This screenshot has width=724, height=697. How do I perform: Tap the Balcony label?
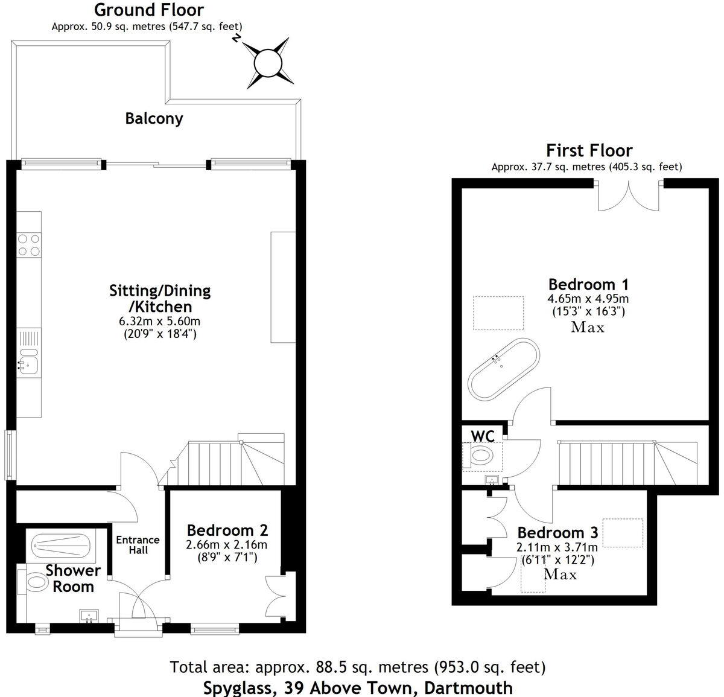tap(154, 118)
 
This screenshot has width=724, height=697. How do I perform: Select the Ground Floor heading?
tap(149, 10)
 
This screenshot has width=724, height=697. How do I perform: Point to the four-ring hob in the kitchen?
tap(28, 244)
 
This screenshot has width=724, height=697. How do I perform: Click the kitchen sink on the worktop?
tap(28, 362)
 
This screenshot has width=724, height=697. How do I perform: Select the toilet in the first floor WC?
tap(483, 456)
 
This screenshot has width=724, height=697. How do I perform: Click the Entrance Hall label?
tap(138, 544)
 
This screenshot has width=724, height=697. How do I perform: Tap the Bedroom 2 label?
tap(227, 530)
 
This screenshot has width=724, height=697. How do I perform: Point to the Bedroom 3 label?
tap(557, 533)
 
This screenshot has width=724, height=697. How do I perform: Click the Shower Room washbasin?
tap(88, 616)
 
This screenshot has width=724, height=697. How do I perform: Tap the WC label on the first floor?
tap(482, 435)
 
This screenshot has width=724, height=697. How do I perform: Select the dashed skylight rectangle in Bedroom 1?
tap(498, 313)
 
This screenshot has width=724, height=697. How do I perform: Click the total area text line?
tap(358, 667)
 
